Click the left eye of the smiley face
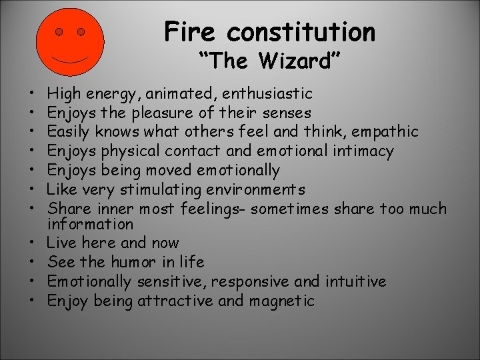coord(59,31)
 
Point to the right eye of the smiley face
coord(81,31)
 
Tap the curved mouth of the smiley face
coord(70,59)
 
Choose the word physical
coord(135,151)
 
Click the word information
coord(91,224)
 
